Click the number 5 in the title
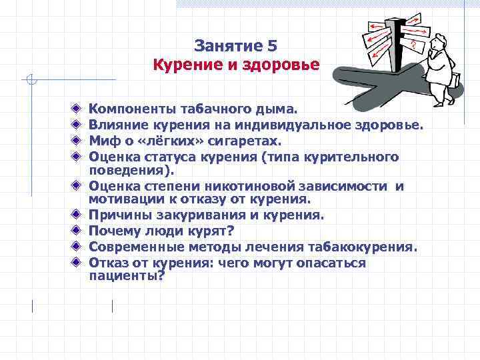click(271, 45)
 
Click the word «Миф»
click(102, 141)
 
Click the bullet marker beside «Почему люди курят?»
click(77, 231)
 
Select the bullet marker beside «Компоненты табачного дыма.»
click(77, 107)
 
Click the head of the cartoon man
click(441, 47)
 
